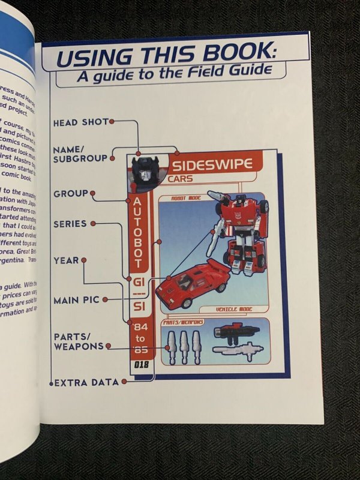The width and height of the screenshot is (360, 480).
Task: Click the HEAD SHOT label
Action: click(x=81, y=122)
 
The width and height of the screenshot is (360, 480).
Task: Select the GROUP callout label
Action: click(x=70, y=194)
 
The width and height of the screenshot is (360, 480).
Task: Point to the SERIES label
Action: click(x=70, y=224)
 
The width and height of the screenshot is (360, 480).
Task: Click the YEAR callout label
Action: click(x=67, y=260)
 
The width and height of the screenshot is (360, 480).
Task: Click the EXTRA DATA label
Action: click(x=86, y=382)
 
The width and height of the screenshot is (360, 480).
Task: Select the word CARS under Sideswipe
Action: click(x=181, y=179)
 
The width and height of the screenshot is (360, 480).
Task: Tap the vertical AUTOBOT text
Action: click(x=137, y=231)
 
